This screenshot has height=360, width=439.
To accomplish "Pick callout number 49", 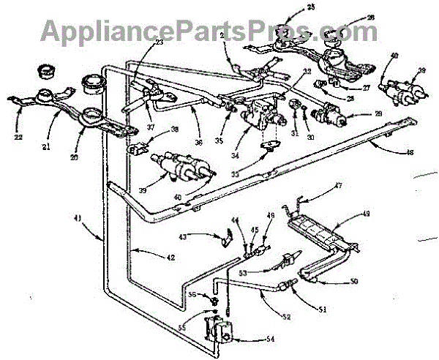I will click(367, 214).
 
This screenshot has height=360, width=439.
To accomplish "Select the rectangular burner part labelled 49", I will click(315, 231).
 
